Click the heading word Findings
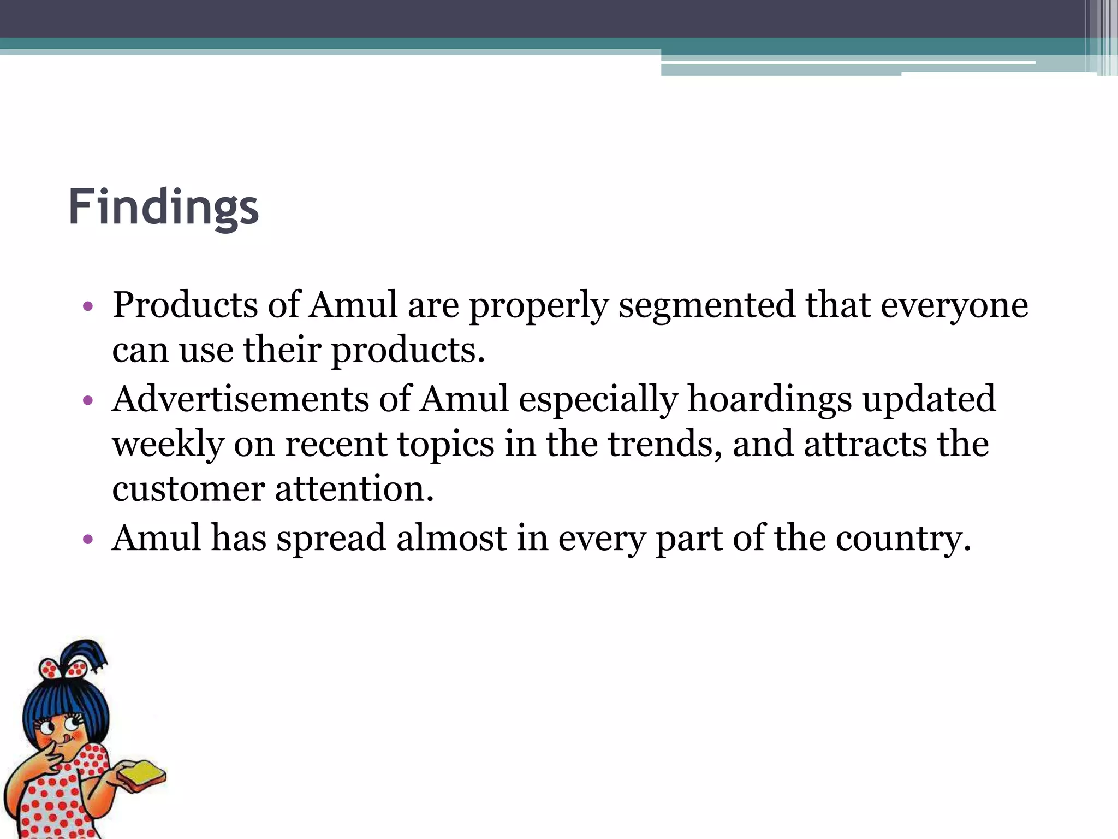[163, 208]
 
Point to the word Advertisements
[240, 399]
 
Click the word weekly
[168, 444]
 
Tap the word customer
[188, 489]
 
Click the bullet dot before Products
[88, 307]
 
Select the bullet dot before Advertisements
[88, 401]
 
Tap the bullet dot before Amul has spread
[88, 540]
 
